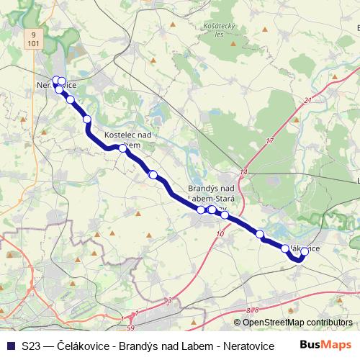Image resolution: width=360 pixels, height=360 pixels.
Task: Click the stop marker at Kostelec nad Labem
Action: point(122,148)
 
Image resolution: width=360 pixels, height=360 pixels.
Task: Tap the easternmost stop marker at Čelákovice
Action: point(305,252)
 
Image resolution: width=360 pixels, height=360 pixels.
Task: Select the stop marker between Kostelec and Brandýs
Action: point(153,174)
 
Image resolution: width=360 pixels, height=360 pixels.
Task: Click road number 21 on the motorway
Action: point(308,100)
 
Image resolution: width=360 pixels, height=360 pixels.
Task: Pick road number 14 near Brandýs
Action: point(243,172)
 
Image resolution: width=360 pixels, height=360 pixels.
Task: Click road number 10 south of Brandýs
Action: point(220,233)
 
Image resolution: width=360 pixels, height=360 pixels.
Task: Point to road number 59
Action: point(130,328)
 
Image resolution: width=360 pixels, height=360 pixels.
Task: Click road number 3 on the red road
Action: point(169,299)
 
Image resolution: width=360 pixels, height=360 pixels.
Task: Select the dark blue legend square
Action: point(10,345)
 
